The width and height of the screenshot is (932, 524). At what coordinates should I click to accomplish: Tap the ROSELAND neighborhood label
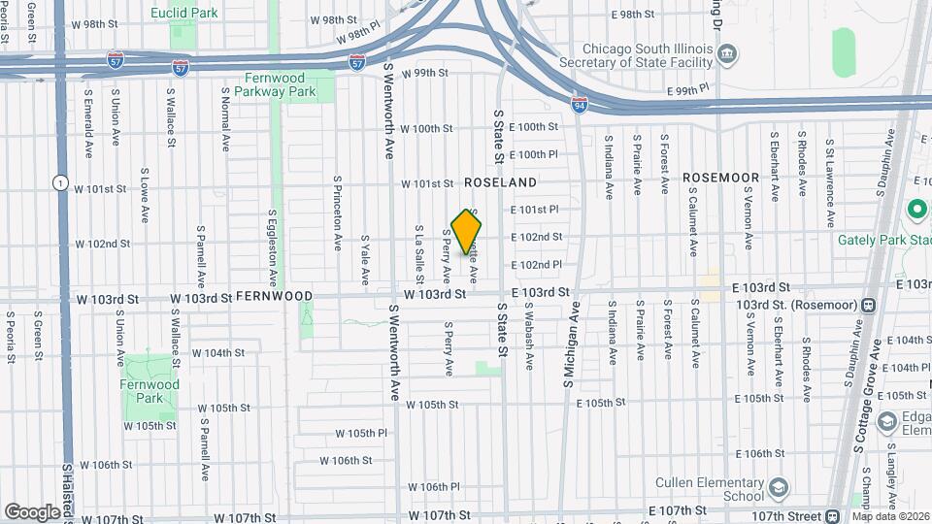500,182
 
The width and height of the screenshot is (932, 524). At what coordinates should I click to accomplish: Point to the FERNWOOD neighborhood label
274,296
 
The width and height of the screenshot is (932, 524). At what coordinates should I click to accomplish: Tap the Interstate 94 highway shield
579,106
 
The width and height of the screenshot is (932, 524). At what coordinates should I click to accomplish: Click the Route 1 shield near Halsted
60,182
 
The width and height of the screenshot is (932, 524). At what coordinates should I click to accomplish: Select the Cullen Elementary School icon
779,486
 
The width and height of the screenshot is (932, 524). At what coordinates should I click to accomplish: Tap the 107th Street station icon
834,514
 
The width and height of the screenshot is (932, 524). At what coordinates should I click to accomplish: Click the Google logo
32,510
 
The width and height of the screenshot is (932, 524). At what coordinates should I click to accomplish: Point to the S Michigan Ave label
570,345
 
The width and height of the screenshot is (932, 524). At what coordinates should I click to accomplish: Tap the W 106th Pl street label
433,487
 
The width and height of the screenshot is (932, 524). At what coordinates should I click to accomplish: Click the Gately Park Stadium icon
915,209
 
